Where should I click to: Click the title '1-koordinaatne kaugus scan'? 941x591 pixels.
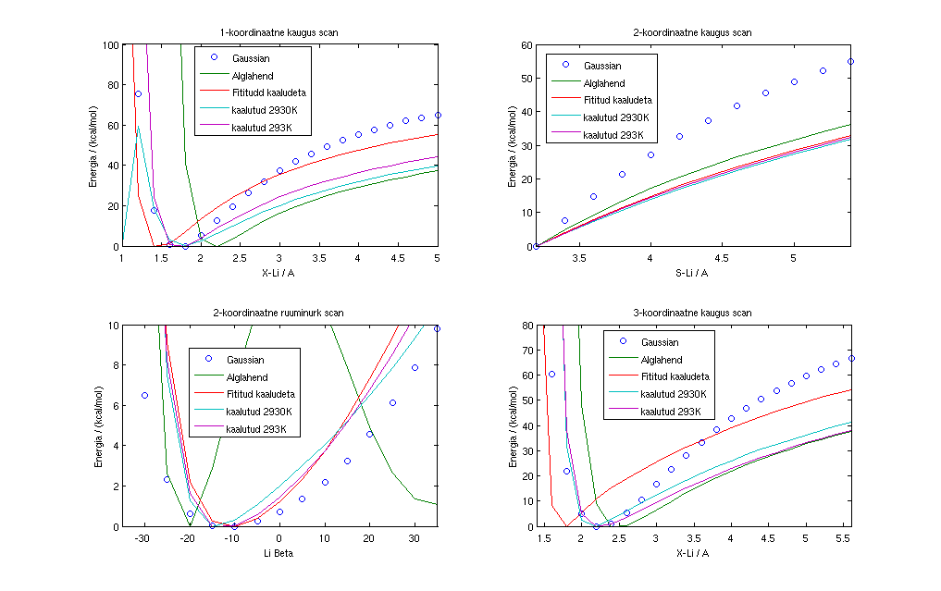(x=279, y=33)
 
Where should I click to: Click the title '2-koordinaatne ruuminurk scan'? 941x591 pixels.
(x=279, y=314)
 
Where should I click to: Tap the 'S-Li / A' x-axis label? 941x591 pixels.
(x=693, y=272)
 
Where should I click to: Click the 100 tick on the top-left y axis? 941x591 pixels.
(x=110, y=44)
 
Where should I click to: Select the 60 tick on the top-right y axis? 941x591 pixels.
(x=526, y=44)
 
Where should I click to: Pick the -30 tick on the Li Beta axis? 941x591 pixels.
(x=143, y=537)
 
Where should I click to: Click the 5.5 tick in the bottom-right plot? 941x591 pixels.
(x=843, y=537)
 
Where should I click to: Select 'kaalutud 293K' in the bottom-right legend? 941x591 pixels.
(x=669, y=412)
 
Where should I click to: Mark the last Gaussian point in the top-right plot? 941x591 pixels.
(x=850, y=62)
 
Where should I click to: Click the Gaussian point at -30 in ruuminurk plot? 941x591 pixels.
(x=144, y=395)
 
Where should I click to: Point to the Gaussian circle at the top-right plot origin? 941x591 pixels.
(x=536, y=246)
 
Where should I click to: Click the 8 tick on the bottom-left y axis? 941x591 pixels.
(x=114, y=365)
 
